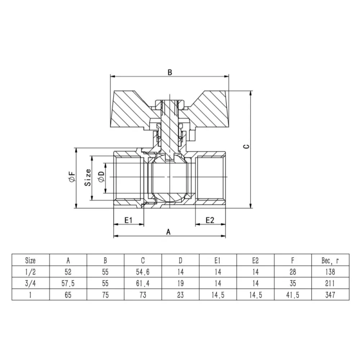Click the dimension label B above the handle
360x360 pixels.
(170, 72)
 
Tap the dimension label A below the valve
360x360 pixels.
(169, 232)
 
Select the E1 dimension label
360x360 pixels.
(128, 220)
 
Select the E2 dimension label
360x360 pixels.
(210, 220)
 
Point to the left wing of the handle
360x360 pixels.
(130, 108)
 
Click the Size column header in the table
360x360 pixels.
(30, 260)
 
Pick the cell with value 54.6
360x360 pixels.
(143, 272)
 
